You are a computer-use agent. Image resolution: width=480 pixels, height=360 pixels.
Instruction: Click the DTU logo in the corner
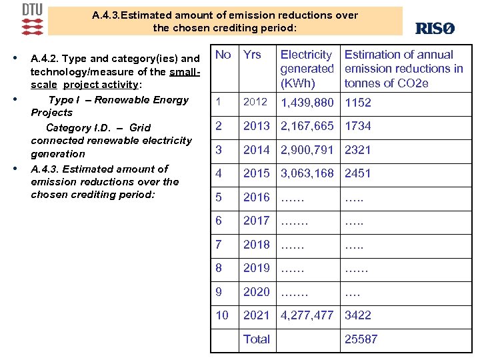coord(32,19)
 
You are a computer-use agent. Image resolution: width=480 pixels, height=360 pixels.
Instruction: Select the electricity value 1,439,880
coord(307,103)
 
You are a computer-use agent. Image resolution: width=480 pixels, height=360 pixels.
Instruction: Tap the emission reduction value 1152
coord(358,103)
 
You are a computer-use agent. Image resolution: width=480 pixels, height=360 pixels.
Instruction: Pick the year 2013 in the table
coord(257,126)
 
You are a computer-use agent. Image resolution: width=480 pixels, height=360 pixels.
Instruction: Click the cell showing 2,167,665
coord(307,126)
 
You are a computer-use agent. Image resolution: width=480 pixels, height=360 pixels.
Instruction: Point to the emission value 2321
coord(358,150)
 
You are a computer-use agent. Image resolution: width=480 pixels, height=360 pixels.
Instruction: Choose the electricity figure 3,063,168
coord(307,173)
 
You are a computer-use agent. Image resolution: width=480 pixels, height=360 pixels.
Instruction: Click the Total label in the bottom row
coord(257,339)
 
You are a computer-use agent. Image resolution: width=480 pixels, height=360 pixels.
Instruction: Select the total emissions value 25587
coord(361,339)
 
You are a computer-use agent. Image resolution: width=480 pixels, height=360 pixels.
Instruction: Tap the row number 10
coord(221,315)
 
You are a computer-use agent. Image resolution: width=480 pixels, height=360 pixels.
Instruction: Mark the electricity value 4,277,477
coord(307,315)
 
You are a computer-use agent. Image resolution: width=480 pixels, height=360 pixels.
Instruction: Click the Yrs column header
coord(252,55)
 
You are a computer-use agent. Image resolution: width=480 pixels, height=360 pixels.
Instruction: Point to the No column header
coord(223,55)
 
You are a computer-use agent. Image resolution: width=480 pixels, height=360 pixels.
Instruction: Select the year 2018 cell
coord(257,245)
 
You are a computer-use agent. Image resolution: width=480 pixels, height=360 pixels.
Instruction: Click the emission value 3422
coord(358,315)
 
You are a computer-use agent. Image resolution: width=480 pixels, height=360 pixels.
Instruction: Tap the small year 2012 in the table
coord(255,102)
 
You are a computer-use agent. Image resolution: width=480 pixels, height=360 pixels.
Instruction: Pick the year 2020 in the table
coord(257,292)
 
